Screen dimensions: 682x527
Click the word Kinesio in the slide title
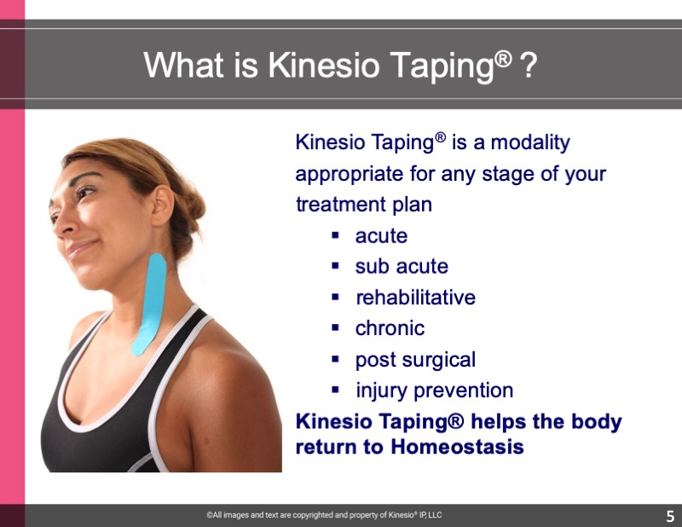click(x=324, y=66)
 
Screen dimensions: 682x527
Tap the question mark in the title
click(x=529, y=66)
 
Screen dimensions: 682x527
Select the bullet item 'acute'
click(x=381, y=236)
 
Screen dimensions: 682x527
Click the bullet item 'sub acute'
click(x=402, y=266)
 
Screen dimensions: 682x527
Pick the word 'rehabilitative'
click(x=415, y=298)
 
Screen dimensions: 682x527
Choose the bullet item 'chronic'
click(x=390, y=328)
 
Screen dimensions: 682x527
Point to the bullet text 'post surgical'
click(x=415, y=361)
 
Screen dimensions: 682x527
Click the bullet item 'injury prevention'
click(x=434, y=391)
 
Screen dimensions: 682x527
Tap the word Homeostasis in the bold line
click(x=457, y=447)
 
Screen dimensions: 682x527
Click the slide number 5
click(x=670, y=516)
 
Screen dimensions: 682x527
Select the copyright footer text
click(x=324, y=515)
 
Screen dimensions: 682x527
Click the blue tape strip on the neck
click(x=149, y=304)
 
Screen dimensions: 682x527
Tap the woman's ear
click(x=163, y=206)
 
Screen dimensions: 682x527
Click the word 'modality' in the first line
click(x=530, y=142)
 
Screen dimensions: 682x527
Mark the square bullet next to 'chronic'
click(x=335, y=328)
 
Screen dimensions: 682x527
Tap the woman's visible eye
click(x=84, y=191)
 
